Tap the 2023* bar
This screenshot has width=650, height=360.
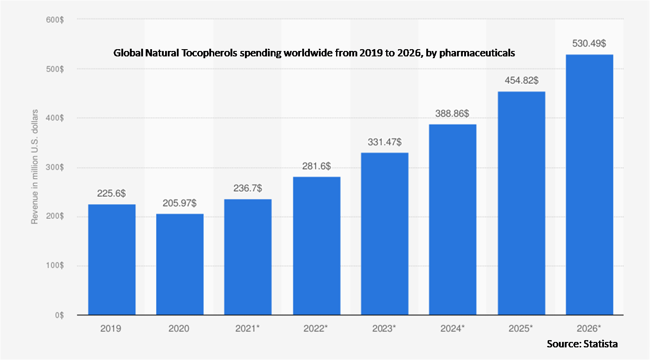[x=385, y=234]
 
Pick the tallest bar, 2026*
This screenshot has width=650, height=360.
[x=589, y=185]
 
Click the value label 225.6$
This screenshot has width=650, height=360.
[x=111, y=193]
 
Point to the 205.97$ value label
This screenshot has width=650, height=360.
[x=180, y=203]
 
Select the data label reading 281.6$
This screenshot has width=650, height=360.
[x=316, y=166]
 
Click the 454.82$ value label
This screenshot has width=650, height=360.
[x=521, y=81]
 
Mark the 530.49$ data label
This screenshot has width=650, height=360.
[x=590, y=44]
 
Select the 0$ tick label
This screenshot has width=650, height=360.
[x=59, y=315]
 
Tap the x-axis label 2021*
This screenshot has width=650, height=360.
[x=248, y=328]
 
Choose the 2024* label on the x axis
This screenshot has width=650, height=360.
[x=453, y=328]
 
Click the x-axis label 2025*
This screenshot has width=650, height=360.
[x=521, y=328]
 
